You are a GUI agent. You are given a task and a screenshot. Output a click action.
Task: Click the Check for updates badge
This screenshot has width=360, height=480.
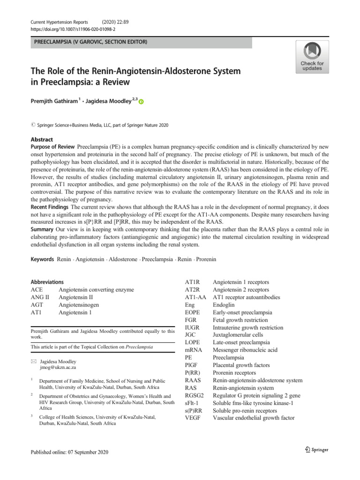pos(312,57)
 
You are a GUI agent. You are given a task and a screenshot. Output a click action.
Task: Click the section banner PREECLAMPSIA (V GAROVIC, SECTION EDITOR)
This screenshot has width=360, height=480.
pos(89,43)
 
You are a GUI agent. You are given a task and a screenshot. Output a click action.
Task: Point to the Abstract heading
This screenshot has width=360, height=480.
pos(42,140)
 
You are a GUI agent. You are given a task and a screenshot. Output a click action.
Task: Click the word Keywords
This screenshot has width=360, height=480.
pos(42,259)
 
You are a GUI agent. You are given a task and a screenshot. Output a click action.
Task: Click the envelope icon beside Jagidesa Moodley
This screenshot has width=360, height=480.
pos(33,362)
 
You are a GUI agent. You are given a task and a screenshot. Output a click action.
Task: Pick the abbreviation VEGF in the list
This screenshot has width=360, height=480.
pos(193,418)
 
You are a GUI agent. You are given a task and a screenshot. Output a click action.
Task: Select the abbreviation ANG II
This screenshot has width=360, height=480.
pos(40,297)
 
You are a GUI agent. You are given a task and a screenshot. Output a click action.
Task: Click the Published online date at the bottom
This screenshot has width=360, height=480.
pos(69,452)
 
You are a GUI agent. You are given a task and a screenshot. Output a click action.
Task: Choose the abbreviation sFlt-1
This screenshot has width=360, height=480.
pos(193,403)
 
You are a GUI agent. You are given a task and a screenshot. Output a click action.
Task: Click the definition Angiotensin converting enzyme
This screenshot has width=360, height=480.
pos(96,290)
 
